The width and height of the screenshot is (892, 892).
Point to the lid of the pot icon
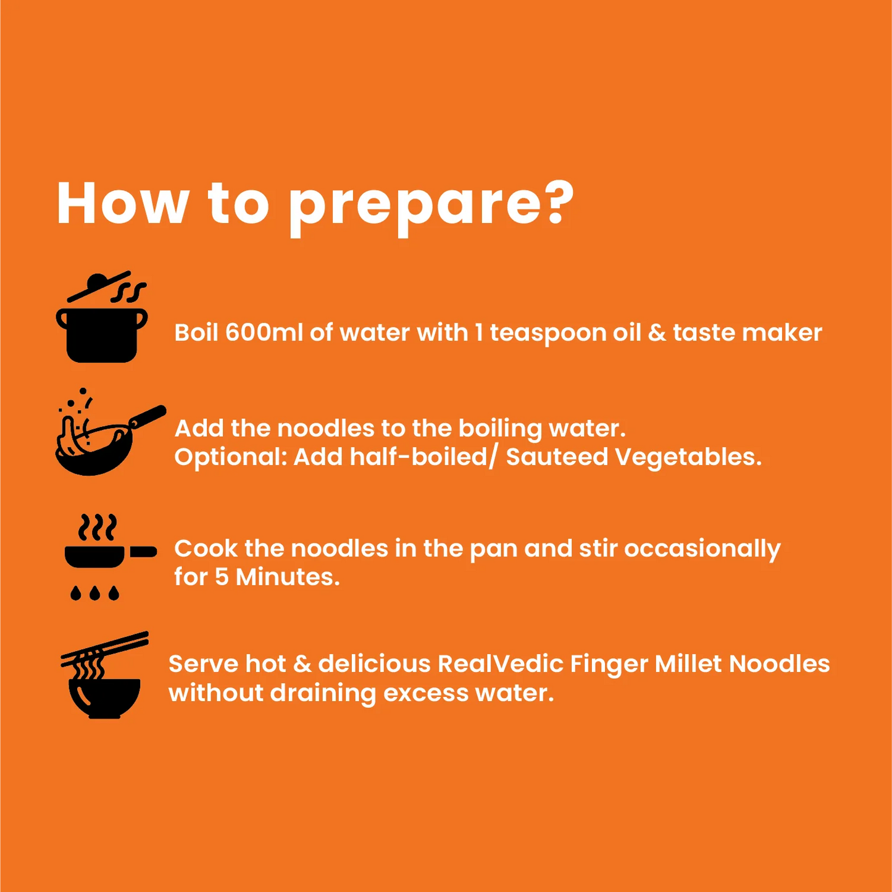coord(99,286)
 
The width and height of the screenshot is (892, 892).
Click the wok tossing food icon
coord(110,431)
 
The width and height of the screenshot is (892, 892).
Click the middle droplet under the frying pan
coord(95,593)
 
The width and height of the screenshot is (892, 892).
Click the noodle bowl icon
coord(105,675)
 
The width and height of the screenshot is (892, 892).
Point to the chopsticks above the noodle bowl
coord(105,648)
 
